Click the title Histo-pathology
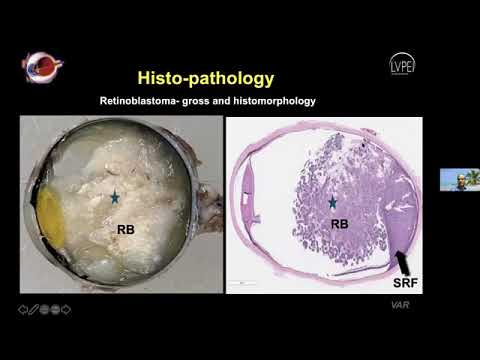pos(204,77)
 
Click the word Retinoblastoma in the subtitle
pos(139,102)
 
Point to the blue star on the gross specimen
pos(116,200)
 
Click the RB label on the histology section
pos(340,224)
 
